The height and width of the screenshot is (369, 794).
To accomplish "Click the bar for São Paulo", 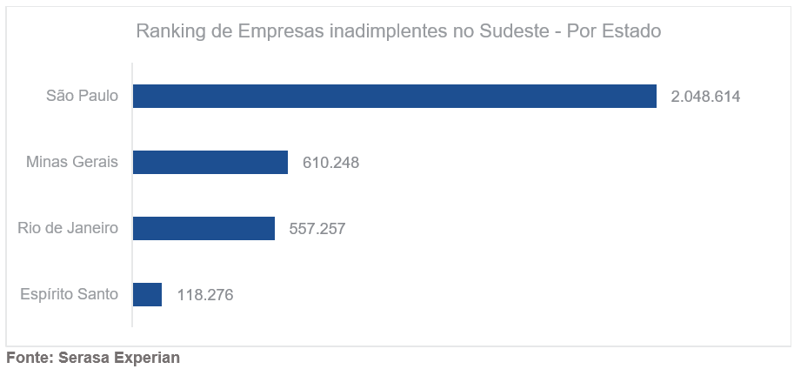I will click(x=394, y=96).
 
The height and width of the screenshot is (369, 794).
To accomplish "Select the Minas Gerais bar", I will click(x=210, y=162).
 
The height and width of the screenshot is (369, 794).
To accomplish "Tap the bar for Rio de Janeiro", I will click(x=204, y=228).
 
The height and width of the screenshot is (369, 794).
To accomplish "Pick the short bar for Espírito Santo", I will click(x=147, y=294).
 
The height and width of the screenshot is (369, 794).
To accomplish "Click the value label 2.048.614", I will click(x=705, y=97).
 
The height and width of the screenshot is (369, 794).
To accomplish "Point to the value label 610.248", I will click(x=330, y=163).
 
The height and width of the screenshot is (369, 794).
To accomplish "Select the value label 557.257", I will click(x=317, y=229).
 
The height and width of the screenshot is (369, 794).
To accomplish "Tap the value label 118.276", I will click(x=205, y=295).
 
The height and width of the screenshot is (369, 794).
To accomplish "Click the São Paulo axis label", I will click(x=82, y=96).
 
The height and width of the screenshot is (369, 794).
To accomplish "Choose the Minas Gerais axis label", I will click(x=72, y=162).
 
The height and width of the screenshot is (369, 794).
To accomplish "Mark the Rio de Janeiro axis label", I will click(x=68, y=228).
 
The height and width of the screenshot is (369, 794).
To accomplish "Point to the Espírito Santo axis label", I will click(x=69, y=294).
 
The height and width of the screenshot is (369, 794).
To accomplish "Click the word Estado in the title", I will click(x=631, y=31).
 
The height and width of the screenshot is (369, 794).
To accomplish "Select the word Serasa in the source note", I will click(x=83, y=358).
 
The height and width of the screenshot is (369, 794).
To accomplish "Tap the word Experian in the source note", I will click(x=147, y=358).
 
